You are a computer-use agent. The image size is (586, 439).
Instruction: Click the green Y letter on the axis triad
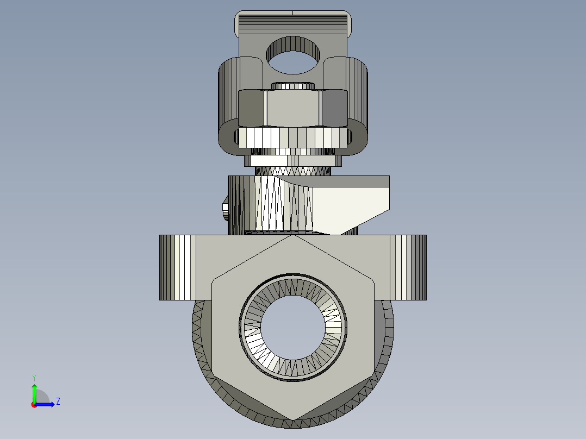click(34, 377)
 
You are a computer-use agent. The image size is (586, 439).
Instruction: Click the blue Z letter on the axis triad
click(58, 402)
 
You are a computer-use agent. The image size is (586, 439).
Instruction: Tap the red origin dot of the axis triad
click(34, 404)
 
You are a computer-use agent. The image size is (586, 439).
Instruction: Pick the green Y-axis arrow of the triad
click(34, 392)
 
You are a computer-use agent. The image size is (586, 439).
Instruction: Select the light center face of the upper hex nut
click(292, 108)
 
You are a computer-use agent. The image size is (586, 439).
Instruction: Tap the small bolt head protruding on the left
click(224, 209)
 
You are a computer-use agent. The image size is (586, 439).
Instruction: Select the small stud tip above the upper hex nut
click(292, 85)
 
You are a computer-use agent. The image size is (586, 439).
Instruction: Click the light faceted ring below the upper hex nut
click(292, 137)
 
